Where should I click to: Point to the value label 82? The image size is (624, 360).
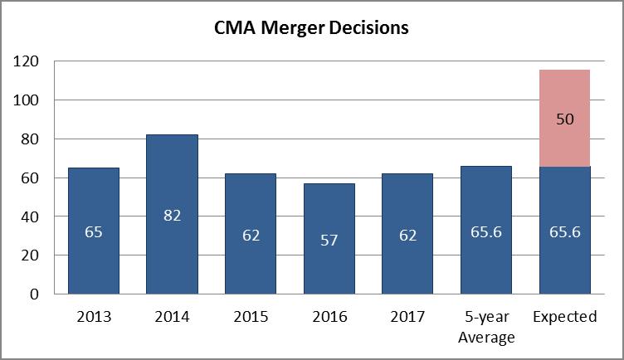pos(172,216)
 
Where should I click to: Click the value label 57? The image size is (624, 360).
pos(329,239)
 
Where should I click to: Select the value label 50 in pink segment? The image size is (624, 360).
pos(565,119)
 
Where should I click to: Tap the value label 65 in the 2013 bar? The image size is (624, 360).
pos(93,231)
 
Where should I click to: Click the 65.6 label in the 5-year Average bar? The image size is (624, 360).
pos(486,232)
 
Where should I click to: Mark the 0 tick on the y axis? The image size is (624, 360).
pos(34,294)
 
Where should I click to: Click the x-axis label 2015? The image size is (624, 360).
pos(251,317)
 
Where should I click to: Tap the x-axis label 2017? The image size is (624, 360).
pos(407,317)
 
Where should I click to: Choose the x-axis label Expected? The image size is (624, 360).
pos(565,317)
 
